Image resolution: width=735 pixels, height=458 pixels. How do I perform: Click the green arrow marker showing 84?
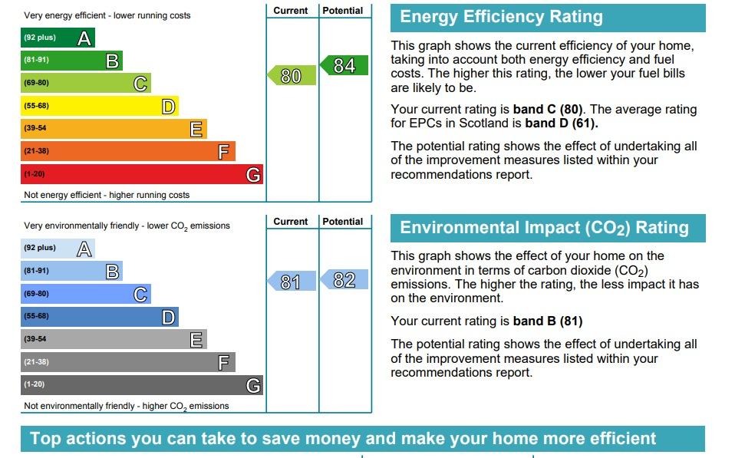[344, 66]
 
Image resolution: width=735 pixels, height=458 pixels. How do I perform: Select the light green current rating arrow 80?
[292, 75]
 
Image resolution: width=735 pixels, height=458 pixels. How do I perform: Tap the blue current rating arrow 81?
[292, 282]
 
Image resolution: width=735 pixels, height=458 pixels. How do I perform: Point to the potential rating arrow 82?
[344, 280]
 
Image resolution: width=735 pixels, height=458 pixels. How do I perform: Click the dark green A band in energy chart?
[58, 38]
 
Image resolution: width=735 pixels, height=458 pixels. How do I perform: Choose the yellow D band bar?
[99, 106]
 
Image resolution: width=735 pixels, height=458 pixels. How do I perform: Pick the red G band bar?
[141, 174]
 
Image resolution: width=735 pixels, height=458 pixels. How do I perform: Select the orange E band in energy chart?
[114, 129]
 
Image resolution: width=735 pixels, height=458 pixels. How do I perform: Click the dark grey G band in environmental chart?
[141, 384]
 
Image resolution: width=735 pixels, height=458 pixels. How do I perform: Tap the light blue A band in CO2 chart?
[58, 248]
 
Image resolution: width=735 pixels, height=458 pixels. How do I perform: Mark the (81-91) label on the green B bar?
[36, 61]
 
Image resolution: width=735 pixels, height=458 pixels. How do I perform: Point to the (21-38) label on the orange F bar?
[36, 151]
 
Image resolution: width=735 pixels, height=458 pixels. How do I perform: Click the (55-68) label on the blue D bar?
[36, 316]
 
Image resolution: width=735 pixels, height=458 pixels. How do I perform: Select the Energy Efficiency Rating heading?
[502, 17]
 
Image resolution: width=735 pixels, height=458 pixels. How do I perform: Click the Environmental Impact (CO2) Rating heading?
[545, 228]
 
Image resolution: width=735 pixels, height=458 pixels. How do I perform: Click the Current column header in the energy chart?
[291, 11]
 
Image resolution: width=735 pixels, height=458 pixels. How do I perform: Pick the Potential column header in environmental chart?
[343, 222]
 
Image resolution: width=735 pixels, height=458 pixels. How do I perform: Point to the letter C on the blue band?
[140, 294]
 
